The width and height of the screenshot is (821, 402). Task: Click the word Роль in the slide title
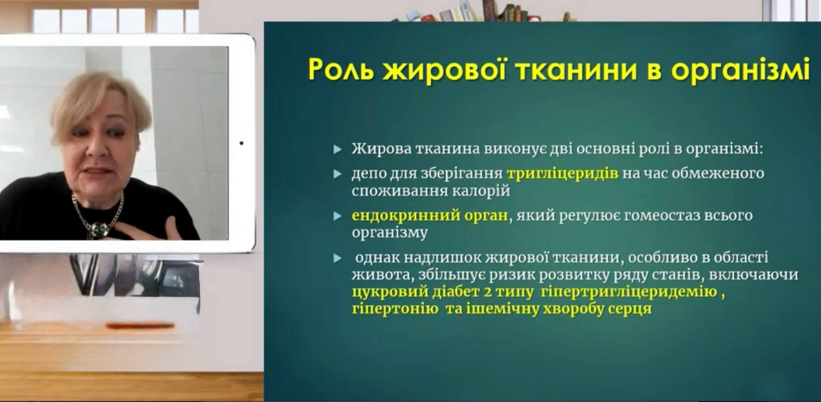click(x=342, y=70)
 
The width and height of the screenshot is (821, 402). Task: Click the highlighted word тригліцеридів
click(x=562, y=174)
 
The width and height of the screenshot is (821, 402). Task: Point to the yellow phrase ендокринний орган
click(x=430, y=216)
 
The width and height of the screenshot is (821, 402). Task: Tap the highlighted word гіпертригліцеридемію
click(x=629, y=292)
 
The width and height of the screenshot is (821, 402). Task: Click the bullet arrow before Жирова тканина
click(x=338, y=149)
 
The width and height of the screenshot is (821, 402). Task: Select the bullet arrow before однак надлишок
click(x=338, y=258)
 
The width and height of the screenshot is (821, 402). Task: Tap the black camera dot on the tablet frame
click(x=241, y=143)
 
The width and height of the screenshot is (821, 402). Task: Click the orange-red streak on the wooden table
click(x=140, y=325)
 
